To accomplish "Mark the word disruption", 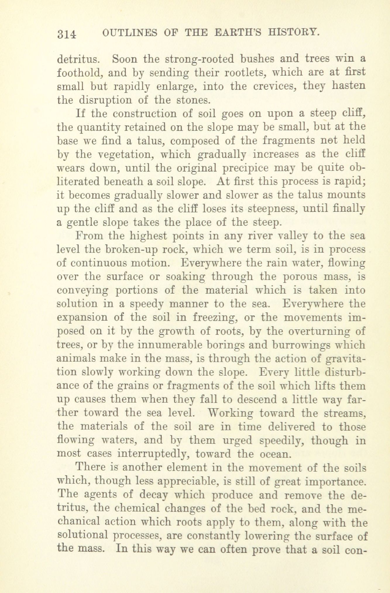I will click(x=105, y=100).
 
